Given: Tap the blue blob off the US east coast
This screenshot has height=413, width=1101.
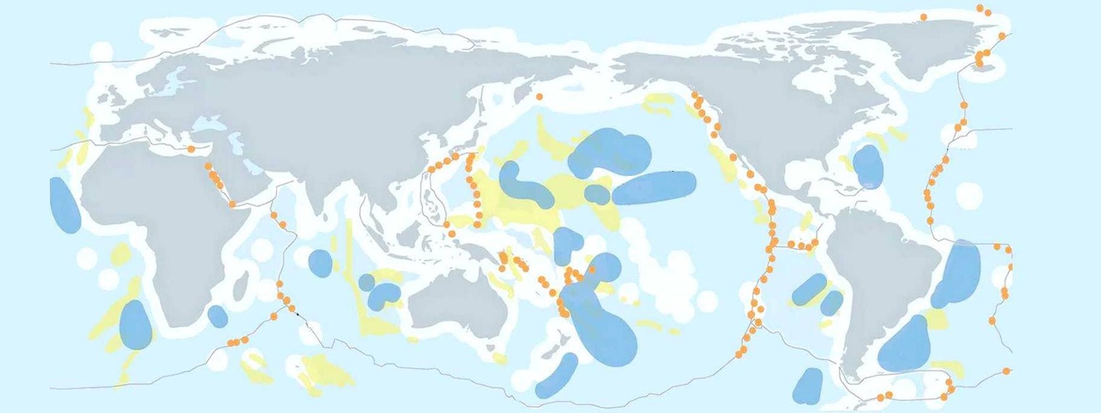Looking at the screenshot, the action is click(x=868, y=166).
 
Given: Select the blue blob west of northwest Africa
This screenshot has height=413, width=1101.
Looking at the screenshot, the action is click(x=64, y=205).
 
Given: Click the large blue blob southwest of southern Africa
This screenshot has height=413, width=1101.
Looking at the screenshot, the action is click(x=136, y=324).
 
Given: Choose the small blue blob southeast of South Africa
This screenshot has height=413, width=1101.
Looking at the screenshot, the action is click(x=217, y=316).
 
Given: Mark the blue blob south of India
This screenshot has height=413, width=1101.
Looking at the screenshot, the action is click(x=320, y=262).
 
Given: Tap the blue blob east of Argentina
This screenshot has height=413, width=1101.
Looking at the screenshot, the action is click(x=905, y=344).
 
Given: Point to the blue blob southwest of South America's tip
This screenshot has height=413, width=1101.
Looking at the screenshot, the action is click(x=808, y=385).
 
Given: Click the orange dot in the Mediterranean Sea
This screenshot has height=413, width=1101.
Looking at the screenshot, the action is click(x=191, y=149).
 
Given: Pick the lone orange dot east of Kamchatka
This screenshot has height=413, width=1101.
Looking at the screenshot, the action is click(x=539, y=96).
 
